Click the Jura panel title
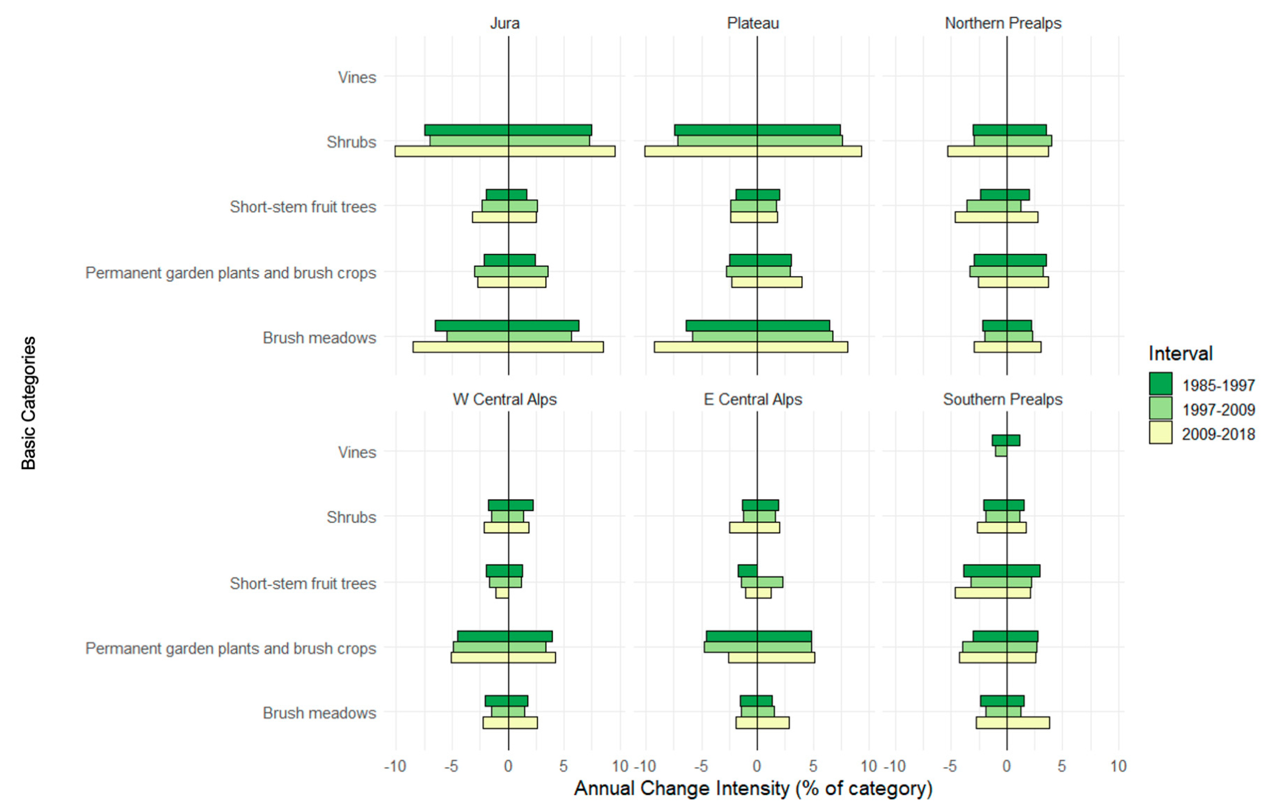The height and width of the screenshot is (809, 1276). click(x=504, y=23)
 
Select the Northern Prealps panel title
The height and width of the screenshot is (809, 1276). click(x=1003, y=23)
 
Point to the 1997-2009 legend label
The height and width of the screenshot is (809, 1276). click(x=1218, y=410)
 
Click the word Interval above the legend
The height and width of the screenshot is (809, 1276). click(x=1180, y=353)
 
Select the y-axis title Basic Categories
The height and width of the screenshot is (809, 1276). click(x=29, y=403)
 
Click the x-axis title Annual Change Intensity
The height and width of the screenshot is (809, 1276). click(x=752, y=788)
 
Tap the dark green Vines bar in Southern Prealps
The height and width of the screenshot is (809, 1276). click(x=1005, y=440)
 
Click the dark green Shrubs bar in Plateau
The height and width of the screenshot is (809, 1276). click(x=757, y=130)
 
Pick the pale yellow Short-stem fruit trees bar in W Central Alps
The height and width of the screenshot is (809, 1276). click(x=502, y=593)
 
